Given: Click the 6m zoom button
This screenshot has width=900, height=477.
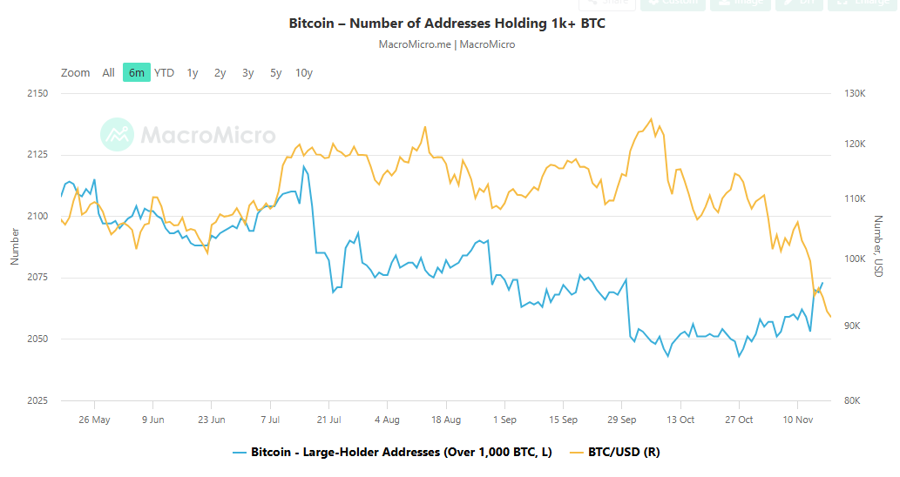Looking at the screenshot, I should [136, 72].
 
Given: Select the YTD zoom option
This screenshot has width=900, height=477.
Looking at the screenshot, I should [164, 72].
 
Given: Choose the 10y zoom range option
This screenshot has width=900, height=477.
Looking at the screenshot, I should [303, 72].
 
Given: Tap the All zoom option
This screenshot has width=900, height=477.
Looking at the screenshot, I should [108, 72].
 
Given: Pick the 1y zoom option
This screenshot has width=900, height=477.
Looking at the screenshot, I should [192, 72].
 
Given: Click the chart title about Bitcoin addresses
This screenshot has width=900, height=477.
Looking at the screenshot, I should [447, 23].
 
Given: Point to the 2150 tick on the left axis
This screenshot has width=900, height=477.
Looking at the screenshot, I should [37, 93].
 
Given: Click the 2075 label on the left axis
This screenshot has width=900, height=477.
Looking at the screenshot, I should [37, 278].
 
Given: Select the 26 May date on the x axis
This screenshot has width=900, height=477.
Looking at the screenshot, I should [94, 419].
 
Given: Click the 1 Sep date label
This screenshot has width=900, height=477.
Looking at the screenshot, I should [504, 419].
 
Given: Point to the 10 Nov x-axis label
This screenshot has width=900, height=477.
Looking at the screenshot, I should [797, 419].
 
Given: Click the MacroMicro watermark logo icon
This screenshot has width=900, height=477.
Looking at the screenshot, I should [117, 135].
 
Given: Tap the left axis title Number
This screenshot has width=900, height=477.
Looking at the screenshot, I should [14, 246].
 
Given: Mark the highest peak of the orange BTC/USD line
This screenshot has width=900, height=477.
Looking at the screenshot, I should [651, 118].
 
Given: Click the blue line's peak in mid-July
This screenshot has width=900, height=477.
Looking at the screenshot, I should [304, 166].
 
